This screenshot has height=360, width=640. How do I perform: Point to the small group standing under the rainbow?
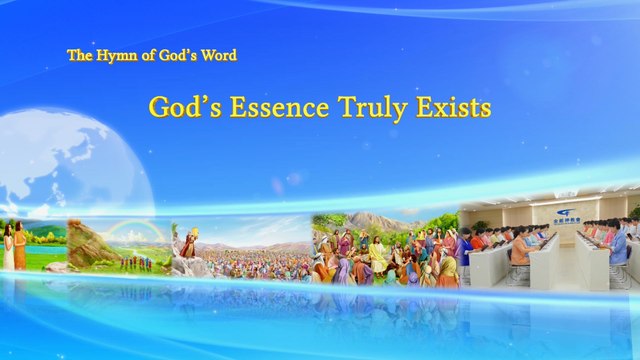pos(135,261)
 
